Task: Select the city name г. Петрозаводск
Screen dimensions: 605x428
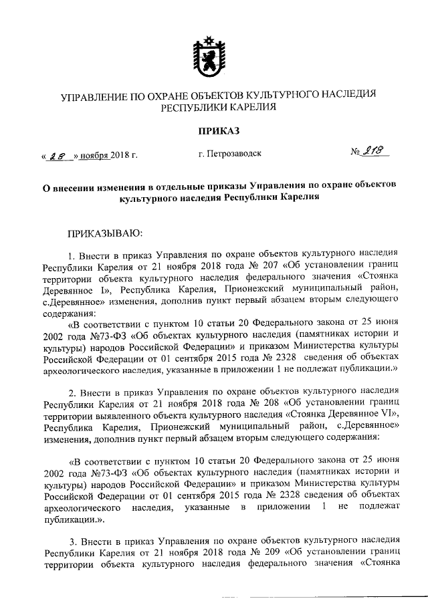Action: click(x=230, y=154)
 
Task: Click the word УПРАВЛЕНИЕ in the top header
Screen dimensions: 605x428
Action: click(x=95, y=96)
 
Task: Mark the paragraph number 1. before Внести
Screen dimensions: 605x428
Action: click(x=73, y=254)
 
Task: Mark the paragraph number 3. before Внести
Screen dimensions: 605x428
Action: click(x=73, y=543)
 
